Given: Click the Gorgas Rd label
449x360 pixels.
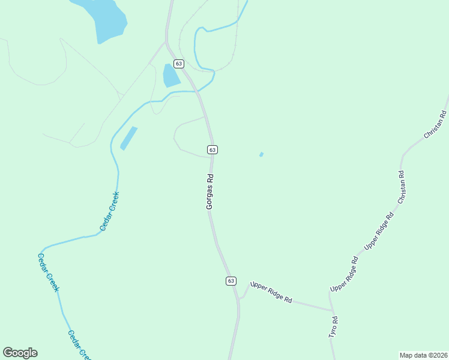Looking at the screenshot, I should coord(210,192).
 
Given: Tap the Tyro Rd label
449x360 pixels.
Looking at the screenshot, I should coord(334,328).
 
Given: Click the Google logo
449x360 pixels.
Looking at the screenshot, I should coord(20,353).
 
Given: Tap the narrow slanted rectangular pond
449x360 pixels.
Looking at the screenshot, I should coord(128,138).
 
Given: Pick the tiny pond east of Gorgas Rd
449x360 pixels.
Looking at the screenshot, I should coord(261,155).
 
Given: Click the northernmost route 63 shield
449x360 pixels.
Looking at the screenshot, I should coord(179,63).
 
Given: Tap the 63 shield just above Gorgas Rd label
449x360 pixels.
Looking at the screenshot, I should coord(212,149).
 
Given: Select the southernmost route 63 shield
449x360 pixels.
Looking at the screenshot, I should coord(231,281).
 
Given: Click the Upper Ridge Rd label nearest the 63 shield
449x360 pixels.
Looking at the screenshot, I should coord(271,292).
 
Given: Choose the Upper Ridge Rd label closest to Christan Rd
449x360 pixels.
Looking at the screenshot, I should coord(379,230).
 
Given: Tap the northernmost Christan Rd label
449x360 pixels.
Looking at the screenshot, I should coord(436,125).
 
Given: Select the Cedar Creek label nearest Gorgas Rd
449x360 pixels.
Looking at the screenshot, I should coord(110,212).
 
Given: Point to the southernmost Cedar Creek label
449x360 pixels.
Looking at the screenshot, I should coord(79,345).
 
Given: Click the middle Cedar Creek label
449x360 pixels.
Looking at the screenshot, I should coord(48,272).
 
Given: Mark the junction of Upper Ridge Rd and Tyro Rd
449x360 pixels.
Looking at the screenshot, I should coord(333,311).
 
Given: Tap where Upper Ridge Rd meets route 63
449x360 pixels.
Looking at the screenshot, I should coord(239,298).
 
